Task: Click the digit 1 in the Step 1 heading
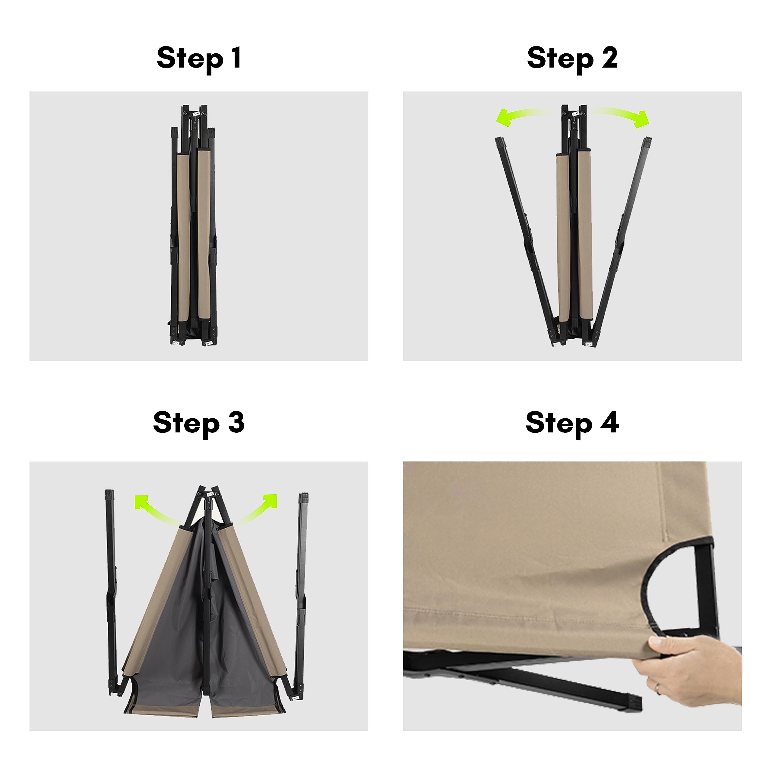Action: click(236, 58)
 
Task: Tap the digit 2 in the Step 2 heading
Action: click(610, 58)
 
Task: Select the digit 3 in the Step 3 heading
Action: click(236, 422)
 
